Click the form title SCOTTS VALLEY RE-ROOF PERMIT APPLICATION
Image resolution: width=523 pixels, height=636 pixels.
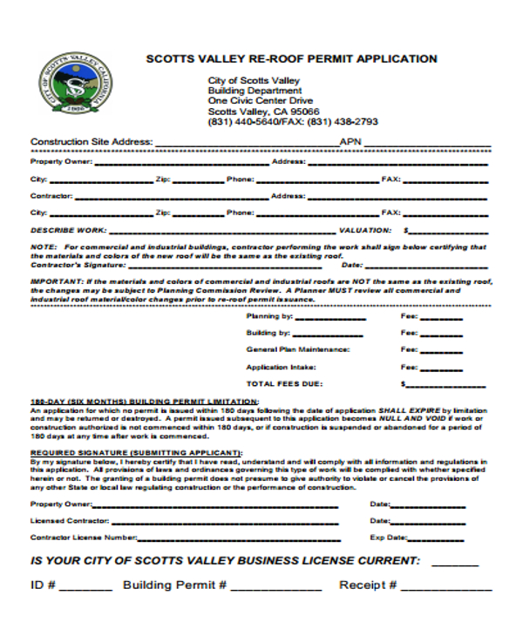291,59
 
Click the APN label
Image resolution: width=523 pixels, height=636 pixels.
350,142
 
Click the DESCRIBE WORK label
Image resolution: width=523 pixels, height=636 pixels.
69,231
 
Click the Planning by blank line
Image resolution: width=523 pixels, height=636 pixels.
329,318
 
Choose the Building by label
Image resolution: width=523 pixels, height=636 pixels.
268,333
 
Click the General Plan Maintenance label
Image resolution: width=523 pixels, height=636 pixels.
298,349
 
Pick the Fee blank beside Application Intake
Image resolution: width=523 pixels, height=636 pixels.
442,369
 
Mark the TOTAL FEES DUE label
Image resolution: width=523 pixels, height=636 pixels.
285,383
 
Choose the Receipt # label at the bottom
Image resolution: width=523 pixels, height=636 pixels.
368,585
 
